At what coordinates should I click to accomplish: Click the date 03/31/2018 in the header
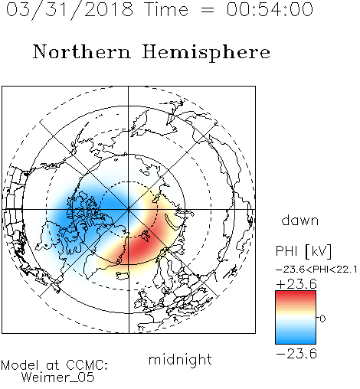click(70, 10)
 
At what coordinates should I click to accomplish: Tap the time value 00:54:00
click(270, 9)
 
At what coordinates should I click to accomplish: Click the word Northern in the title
click(82, 51)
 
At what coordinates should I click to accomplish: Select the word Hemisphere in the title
click(206, 53)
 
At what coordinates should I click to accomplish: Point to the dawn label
click(300, 220)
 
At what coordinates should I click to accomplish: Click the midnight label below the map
click(180, 360)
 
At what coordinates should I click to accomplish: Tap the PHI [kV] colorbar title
click(303, 251)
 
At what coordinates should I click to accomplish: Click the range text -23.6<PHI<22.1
click(316, 270)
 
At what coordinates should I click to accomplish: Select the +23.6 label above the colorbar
click(296, 284)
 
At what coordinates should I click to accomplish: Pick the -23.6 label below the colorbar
click(296, 354)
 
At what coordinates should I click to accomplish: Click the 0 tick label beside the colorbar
click(322, 319)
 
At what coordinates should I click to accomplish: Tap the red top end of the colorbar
click(296, 293)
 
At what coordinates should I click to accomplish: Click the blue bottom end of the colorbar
click(296, 342)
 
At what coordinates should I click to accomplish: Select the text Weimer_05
click(58, 378)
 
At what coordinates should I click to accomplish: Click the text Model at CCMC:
click(54, 365)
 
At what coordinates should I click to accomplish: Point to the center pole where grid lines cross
click(129, 210)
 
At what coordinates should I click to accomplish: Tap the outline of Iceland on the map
click(122, 275)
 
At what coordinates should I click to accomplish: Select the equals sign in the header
click(207, 10)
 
